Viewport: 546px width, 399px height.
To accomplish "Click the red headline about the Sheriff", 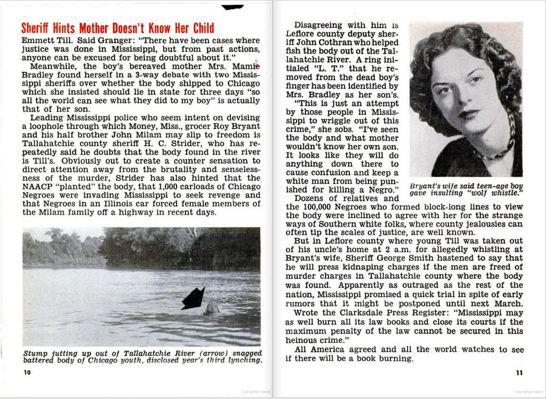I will click(x=118, y=29).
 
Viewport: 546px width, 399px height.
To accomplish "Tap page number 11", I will click(x=519, y=372).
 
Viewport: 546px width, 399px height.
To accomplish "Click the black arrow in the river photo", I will click(x=193, y=298).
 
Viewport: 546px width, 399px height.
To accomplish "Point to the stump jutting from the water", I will click(x=212, y=308).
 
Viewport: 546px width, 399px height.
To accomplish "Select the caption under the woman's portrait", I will click(x=466, y=189).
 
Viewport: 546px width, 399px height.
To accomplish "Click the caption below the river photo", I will click(x=142, y=356).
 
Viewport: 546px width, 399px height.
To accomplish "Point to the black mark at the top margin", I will click(x=232, y=7).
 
